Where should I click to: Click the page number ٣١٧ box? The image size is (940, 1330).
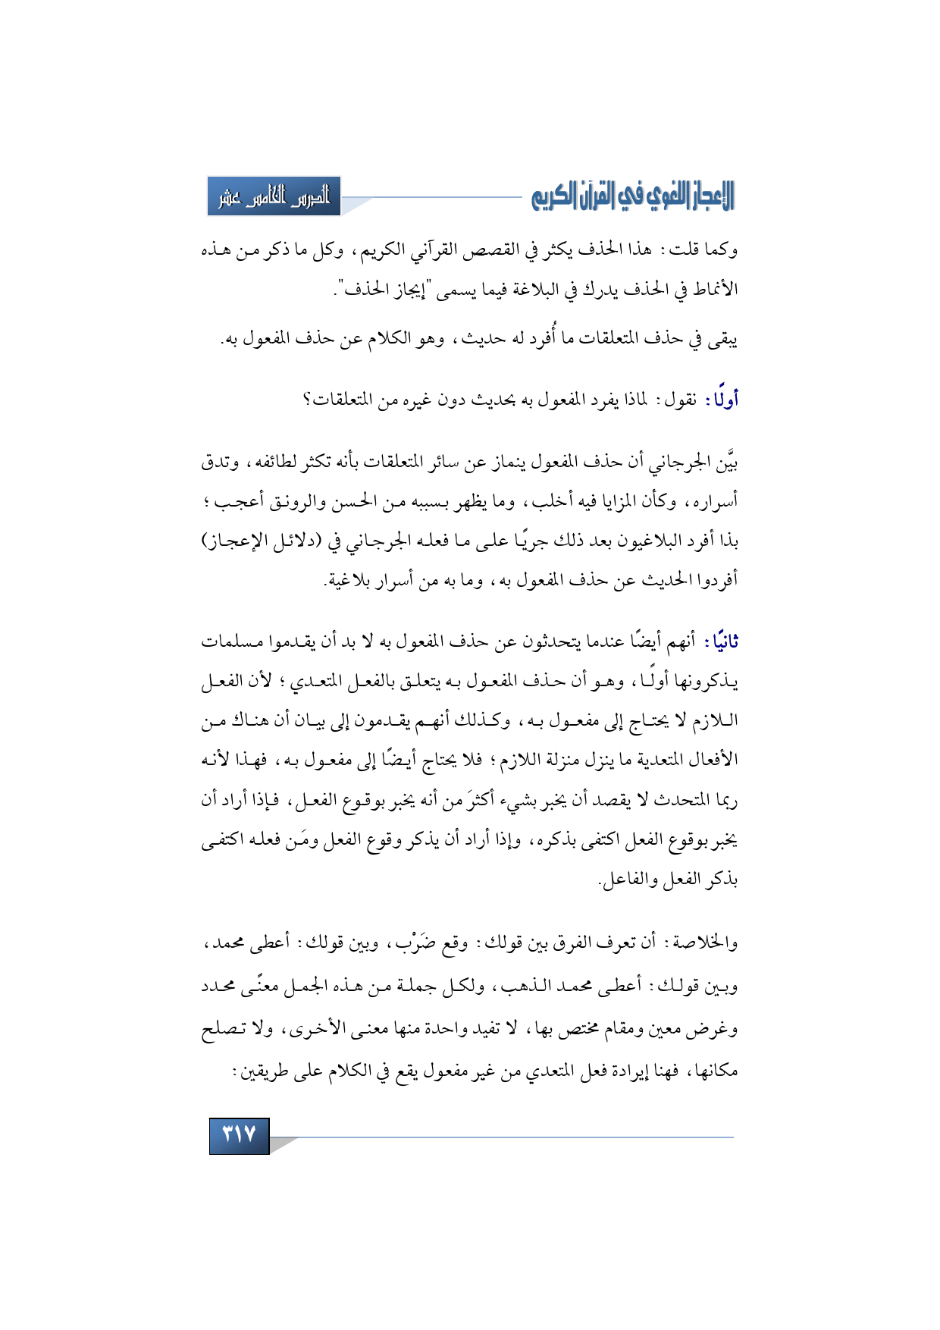(240, 1135)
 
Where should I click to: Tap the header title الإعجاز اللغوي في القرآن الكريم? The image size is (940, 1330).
(632, 196)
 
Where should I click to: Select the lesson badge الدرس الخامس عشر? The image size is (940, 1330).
(274, 196)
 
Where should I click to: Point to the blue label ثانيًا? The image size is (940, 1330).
(721, 641)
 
